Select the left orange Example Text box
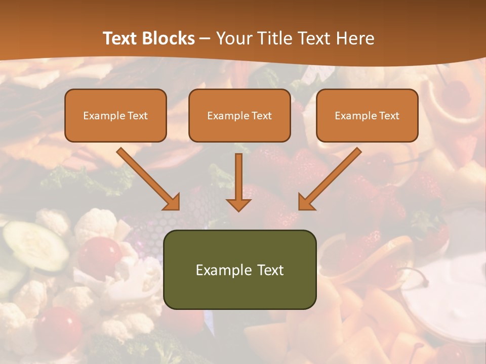pos(115,115)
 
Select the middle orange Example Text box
pos(239,115)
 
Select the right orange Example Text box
pos(367,115)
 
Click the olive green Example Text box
pos(239,269)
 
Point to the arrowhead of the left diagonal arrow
pos(172,202)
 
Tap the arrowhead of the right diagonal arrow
pos(306,202)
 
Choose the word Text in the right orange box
pos(389,116)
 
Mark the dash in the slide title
pos(205,38)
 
